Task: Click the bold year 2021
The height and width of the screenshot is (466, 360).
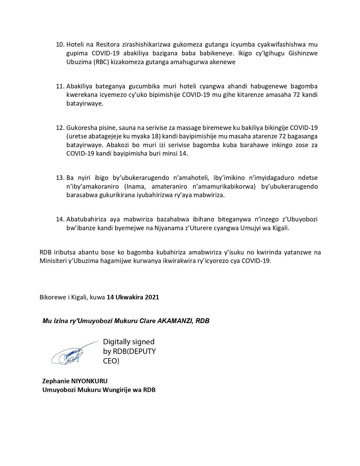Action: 152,297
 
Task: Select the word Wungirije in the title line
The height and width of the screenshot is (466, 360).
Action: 115,390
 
